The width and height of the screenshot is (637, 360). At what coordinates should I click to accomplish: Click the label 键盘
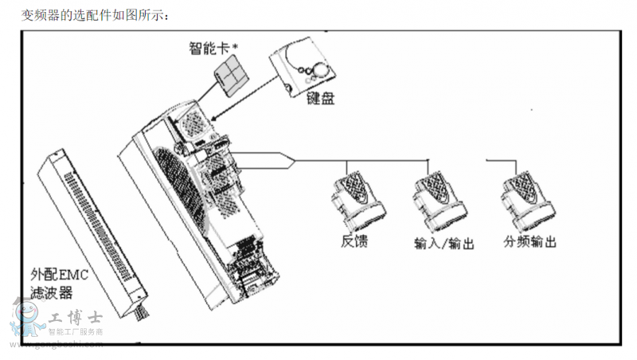(x=322, y=100)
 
